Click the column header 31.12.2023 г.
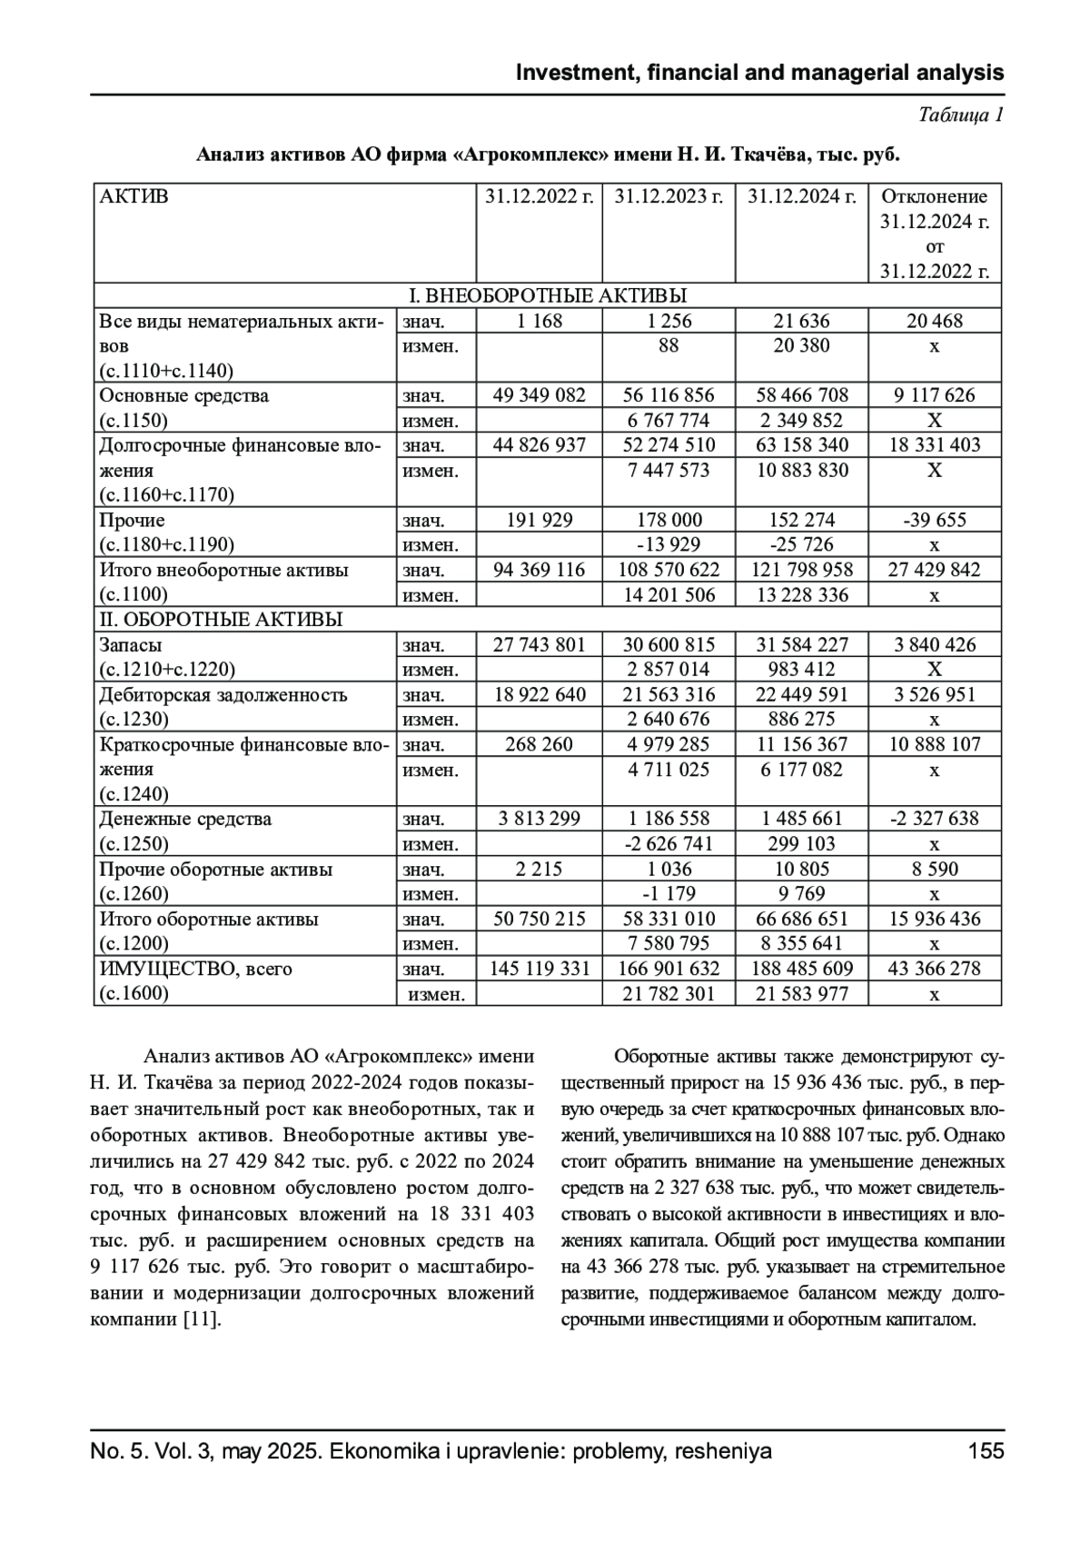[x=669, y=196]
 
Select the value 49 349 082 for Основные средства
[x=540, y=395]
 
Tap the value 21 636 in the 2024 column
[x=801, y=321]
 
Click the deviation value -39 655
[x=935, y=520]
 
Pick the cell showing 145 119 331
[x=540, y=969]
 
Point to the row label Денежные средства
[x=185, y=819]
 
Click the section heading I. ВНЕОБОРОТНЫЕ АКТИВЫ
[x=548, y=295]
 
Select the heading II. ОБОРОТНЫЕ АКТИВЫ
[x=221, y=620]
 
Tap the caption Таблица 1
[x=961, y=115]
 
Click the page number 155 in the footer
[x=986, y=1450]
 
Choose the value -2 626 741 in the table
[x=669, y=843]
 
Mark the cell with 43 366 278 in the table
[x=935, y=969]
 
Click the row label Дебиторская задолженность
[x=223, y=695]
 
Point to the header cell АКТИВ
[x=134, y=196]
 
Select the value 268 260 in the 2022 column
[x=540, y=744]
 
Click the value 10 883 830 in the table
[x=801, y=470]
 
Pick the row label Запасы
[x=131, y=645]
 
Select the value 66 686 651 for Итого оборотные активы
[x=801, y=919]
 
